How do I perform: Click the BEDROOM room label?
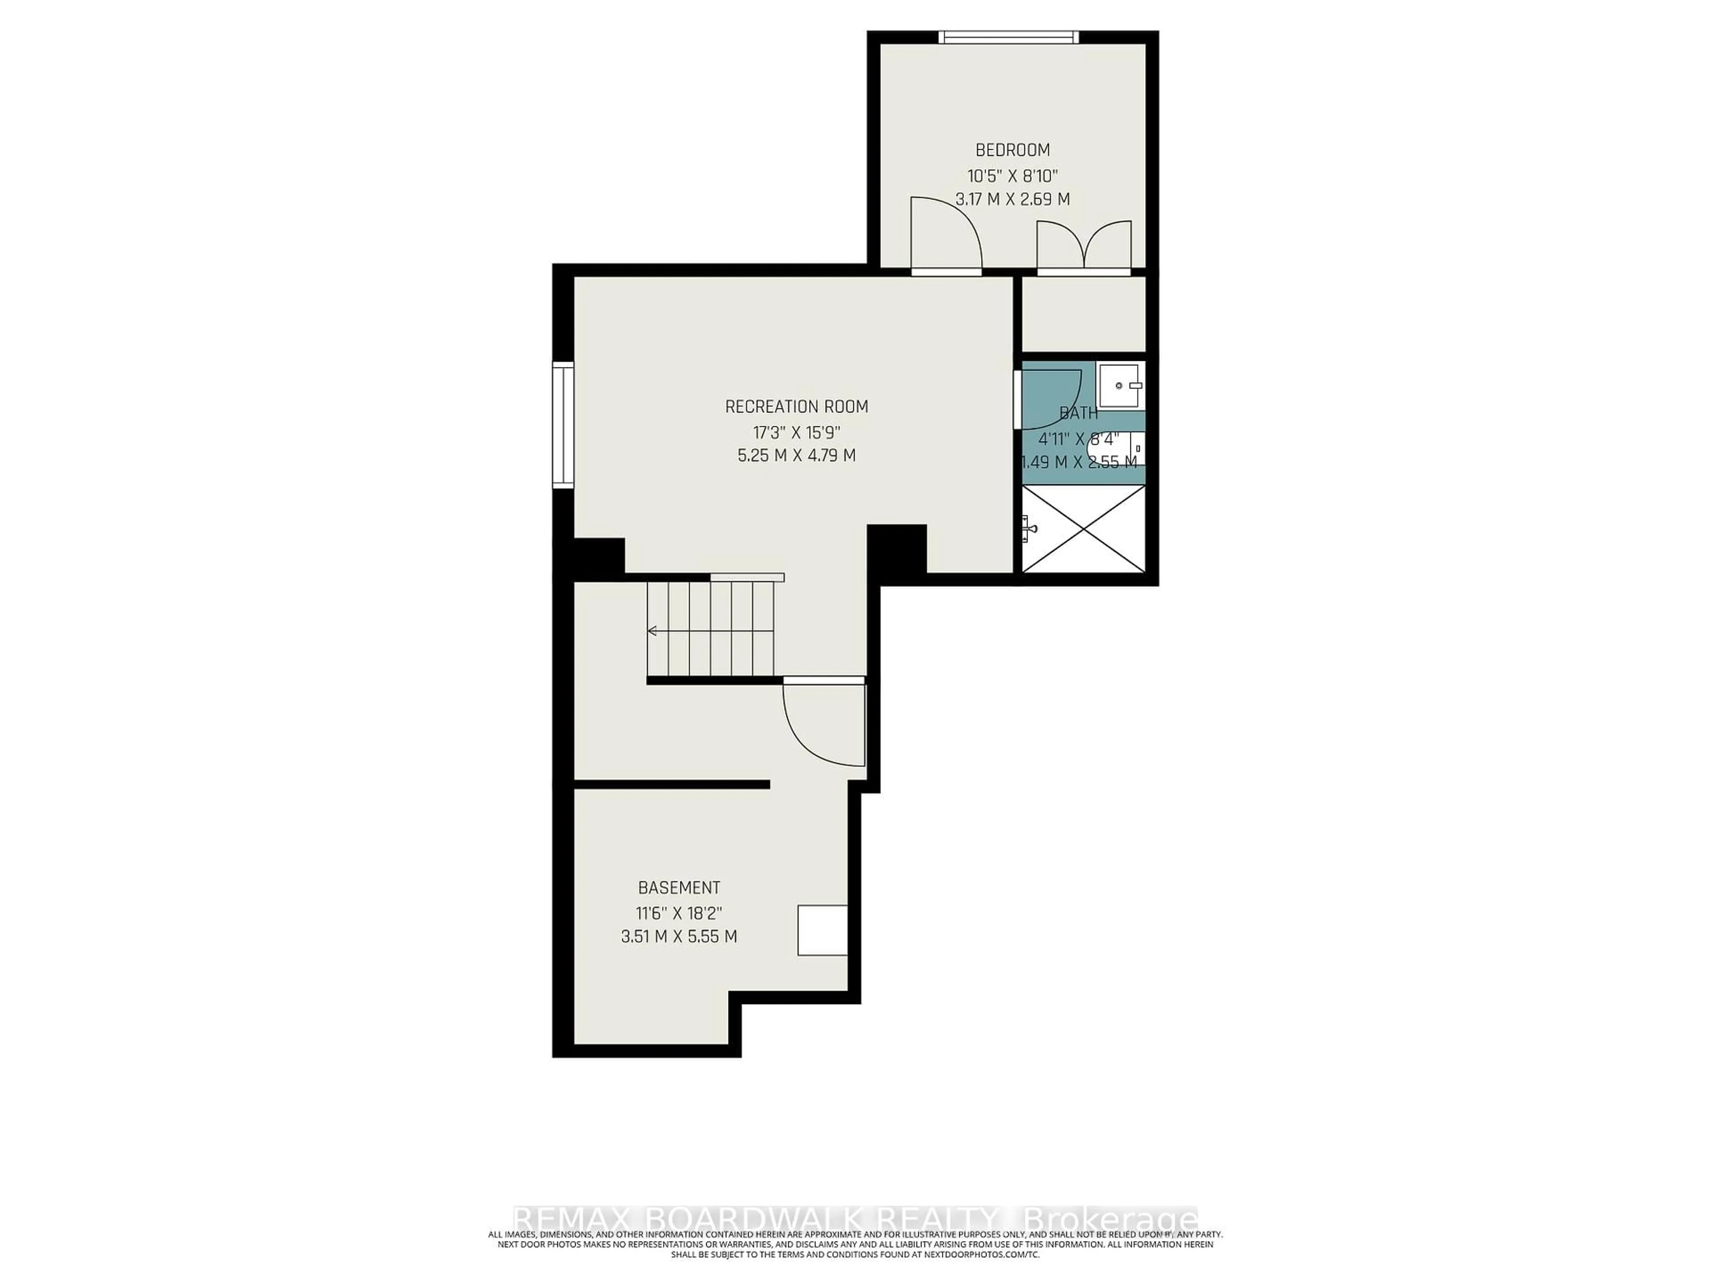1012,150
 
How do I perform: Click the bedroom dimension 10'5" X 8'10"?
1012,175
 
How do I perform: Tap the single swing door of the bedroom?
945,236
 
